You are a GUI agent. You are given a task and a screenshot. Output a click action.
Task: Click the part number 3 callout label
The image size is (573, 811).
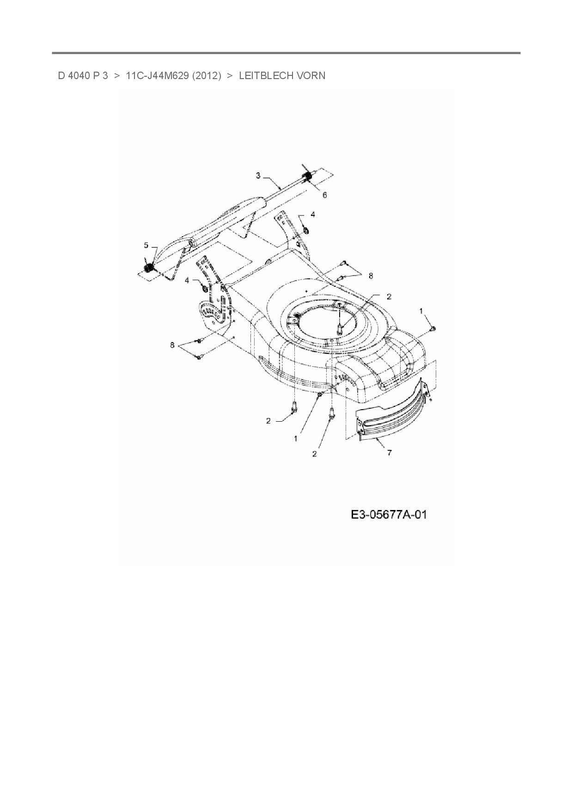click(258, 175)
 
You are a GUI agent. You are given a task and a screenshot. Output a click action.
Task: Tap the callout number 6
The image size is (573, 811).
click(324, 196)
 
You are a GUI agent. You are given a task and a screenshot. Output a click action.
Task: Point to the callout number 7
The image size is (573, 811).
click(390, 453)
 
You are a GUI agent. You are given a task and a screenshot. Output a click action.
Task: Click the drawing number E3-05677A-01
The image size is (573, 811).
click(388, 515)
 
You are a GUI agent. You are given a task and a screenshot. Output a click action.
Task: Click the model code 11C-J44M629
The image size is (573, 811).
click(157, 75)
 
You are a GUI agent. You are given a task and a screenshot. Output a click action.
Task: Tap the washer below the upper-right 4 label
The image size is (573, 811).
click(306, 230)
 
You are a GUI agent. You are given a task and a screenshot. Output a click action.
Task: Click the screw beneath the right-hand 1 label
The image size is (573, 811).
click(433, 328)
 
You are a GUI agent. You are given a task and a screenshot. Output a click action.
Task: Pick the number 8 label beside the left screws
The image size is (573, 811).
click(172, 345)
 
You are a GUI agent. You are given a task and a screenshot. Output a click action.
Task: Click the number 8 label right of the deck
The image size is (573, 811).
click(370, 276)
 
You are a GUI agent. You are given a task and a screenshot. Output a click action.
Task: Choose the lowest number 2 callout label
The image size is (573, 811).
click(315, 454)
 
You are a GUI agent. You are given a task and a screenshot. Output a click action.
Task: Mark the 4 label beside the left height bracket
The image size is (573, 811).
click(187, 280)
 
